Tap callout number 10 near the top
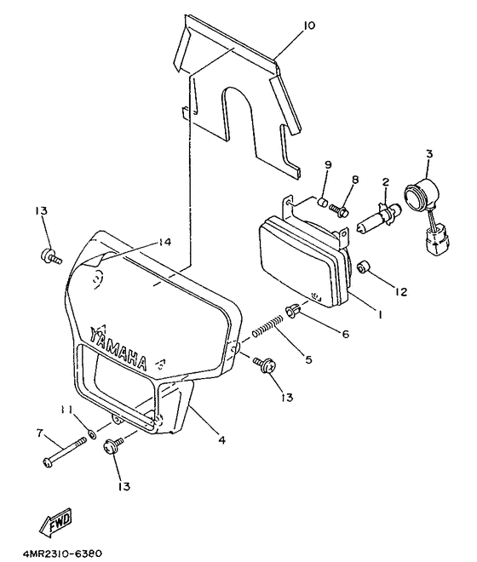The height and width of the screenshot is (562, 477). coord(308,26)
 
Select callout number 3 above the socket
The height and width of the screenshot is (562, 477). coord(429,154)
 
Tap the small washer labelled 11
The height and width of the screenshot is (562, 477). coord(93,435)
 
